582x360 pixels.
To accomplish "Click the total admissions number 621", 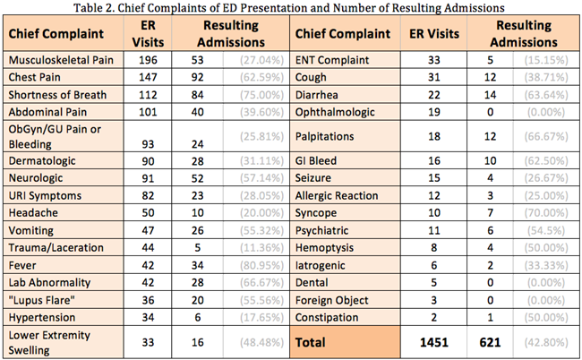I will [491, 341].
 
